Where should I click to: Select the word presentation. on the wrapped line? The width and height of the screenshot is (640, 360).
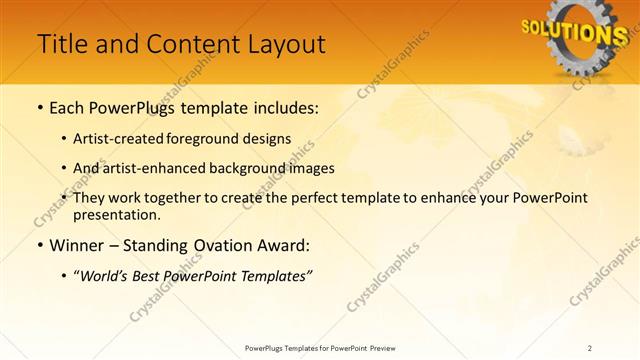click(x=123, y=215)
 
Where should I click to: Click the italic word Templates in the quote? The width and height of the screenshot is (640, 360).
click(x=277, y=275)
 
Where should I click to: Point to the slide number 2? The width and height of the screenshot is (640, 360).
click(x=590, y=347)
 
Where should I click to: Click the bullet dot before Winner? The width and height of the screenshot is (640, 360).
click(x=39, y=246)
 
